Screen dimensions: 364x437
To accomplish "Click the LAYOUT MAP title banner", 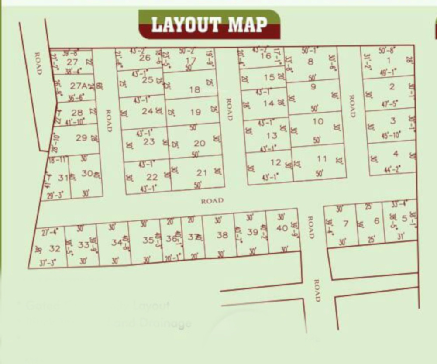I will tap(209, 24).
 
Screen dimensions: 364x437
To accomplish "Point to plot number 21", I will tap(202, 172).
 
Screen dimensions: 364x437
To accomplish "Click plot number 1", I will tap(389, 61).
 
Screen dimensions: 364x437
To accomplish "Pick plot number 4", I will tap(396, 154).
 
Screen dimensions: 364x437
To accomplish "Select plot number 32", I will tap(55, 248).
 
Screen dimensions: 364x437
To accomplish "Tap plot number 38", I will tap(222, 235).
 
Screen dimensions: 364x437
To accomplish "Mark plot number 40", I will tap(282, 227).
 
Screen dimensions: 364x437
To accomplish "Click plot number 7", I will tap(346, 224).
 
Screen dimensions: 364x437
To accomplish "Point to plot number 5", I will tap(404, 218).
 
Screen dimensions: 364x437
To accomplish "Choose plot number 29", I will tap(81, 138).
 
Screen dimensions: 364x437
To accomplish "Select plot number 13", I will tap(272, 135).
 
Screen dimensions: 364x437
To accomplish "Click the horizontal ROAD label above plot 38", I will tap(212, 201).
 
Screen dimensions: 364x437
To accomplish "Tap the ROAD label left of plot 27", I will tap(38, 63).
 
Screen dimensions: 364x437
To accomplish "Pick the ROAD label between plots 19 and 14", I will tap(229, 109).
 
